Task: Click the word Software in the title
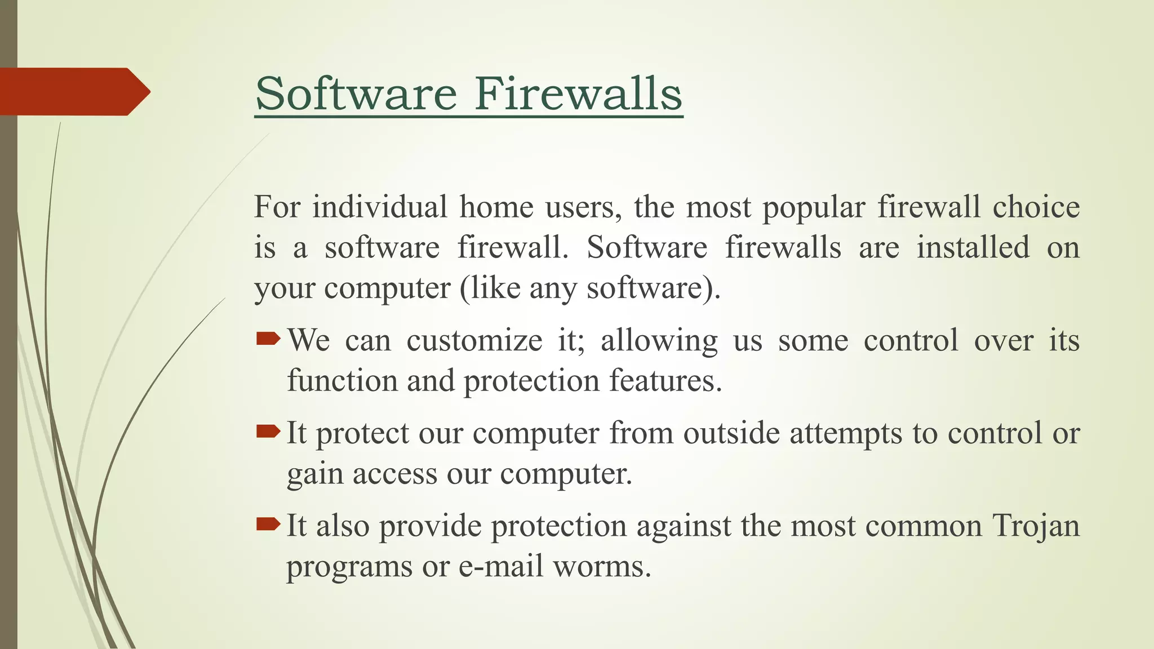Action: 356,94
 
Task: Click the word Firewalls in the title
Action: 578,94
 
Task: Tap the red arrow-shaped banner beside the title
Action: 73,91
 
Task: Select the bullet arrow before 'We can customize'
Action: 268,339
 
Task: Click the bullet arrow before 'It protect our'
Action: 268,432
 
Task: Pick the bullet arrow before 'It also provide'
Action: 268,524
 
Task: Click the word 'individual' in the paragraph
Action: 380,207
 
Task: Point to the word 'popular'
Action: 814,208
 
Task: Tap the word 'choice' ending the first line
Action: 1036,207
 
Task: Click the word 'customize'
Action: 474,341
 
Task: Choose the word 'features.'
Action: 665,381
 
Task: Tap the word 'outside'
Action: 731,433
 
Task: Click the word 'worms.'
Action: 602,566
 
